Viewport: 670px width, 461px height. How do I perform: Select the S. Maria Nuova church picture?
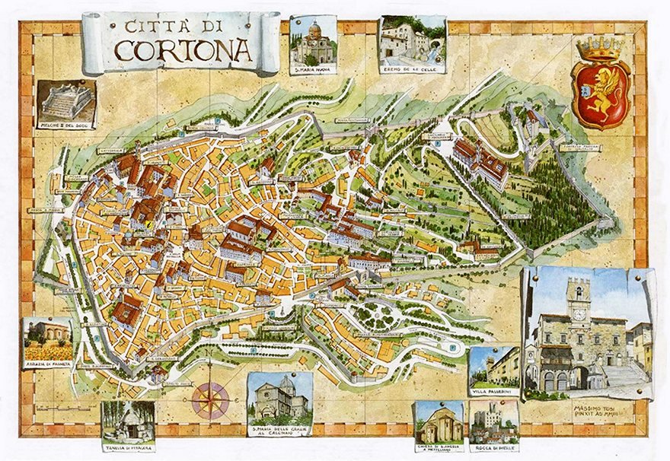(x=313, y=42)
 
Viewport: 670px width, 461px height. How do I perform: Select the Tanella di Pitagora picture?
(x=128, y=420)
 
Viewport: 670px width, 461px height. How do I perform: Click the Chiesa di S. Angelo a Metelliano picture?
(x=439, y=423)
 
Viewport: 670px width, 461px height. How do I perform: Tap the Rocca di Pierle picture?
(x=494, y=422)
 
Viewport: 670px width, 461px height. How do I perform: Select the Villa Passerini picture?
(x=493, y=367)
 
